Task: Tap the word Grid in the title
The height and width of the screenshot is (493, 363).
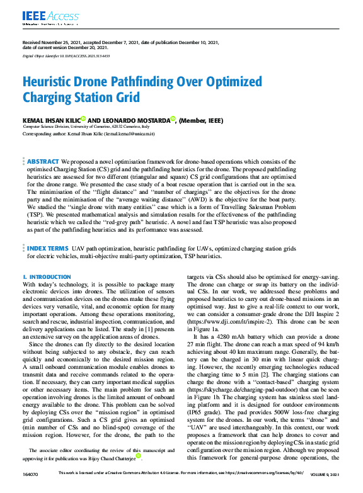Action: point(124,97)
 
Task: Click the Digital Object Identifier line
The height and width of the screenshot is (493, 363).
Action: point(66,56)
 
